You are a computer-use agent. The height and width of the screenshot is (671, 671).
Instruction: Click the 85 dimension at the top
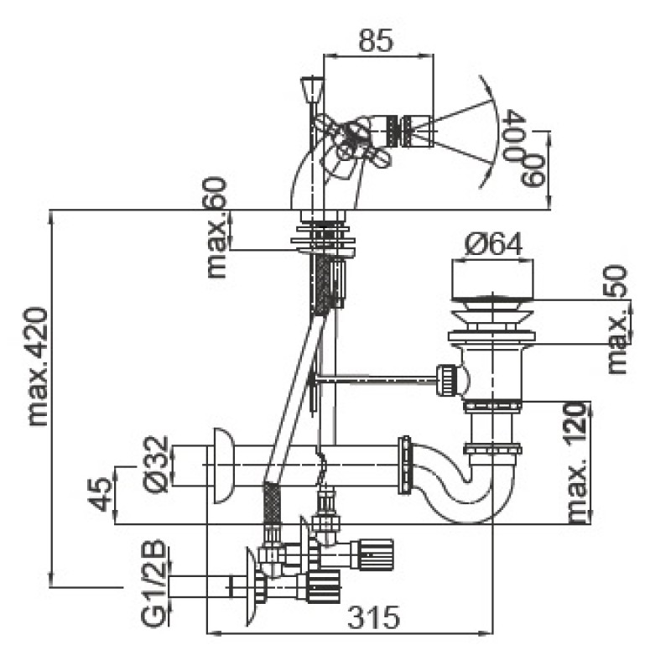tap(375, 42)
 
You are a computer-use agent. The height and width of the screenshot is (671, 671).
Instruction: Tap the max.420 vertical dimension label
tap(37, 366)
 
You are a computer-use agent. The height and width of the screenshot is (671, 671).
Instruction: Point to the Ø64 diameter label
tap(494, 244)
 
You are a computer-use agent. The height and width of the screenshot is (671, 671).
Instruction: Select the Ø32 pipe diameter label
tap(157, 466)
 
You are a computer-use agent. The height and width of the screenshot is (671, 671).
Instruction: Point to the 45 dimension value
tap(100, 495)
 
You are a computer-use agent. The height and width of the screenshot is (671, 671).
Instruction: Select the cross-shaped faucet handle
tap(348, 147)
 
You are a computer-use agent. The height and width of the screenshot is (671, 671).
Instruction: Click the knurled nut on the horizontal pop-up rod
tap(449, 379)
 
